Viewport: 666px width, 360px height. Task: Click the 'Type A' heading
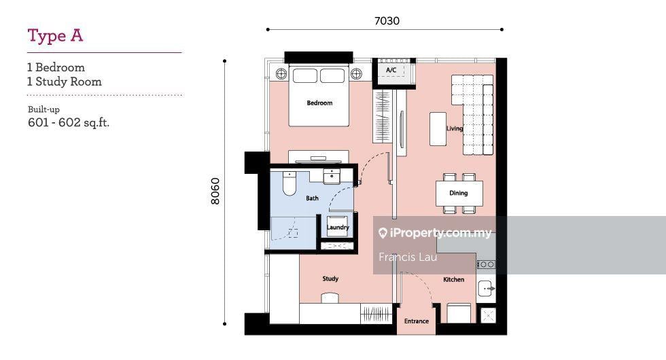[55, 36]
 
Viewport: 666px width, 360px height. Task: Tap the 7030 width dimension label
[387, 21]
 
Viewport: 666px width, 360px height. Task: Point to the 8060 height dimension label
[216, 191]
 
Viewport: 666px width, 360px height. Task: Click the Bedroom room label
[319, 103]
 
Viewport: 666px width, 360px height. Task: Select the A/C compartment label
[391, 70]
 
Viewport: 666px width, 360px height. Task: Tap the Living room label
[455, 128]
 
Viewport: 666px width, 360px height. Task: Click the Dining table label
[458, 193]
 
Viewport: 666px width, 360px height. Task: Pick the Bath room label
[312, 198]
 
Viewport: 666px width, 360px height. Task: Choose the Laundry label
[338, 227]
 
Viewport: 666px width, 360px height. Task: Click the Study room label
[330, 278]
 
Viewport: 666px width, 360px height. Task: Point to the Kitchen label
[454, 279]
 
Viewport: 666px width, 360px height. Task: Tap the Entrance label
[416, 321]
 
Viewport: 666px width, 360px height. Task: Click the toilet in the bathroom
[290, 183]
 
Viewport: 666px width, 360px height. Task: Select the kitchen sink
[486, 289]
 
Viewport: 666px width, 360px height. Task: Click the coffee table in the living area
[438, 129]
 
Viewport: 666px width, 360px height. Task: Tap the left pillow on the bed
[305, 75]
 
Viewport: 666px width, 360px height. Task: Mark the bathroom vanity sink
[332, 176]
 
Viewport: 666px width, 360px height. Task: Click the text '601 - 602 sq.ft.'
[69, 123]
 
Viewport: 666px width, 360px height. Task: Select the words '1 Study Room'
[64, 82]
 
